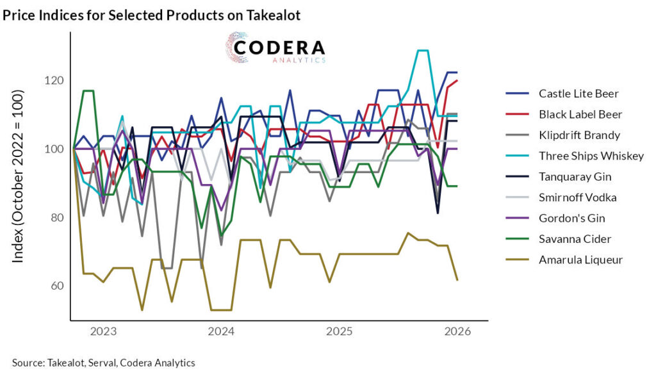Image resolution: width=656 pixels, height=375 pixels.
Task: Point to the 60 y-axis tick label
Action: click(56, 286)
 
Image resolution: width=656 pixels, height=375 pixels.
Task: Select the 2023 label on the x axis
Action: click(102, 332)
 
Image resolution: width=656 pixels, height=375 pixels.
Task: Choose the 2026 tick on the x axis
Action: click(457, 332)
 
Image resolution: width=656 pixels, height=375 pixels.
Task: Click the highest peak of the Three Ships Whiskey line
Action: click(423, 51)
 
